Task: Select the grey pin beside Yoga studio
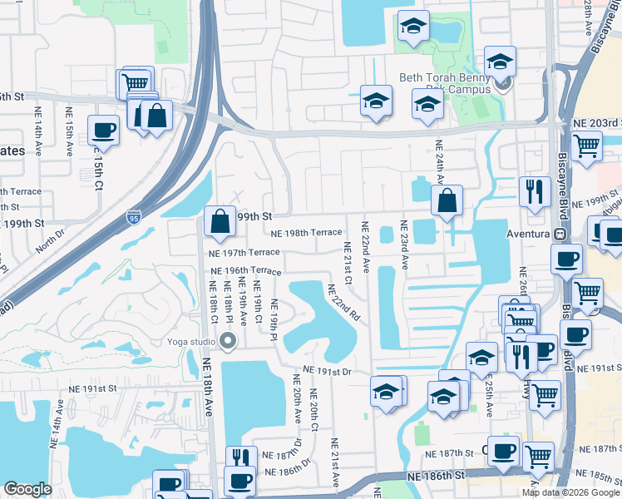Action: [228, 340]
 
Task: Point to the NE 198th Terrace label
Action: [306, 233]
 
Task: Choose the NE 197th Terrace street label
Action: [244, 252]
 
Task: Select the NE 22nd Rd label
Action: [343, 303]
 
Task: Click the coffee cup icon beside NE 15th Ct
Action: [103, 131]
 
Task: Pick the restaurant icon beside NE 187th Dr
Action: [241, 457]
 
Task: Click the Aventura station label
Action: [529, 234]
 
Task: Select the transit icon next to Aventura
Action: [560, 234]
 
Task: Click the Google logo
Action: [27, 489]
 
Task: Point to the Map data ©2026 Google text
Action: [570, 492]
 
